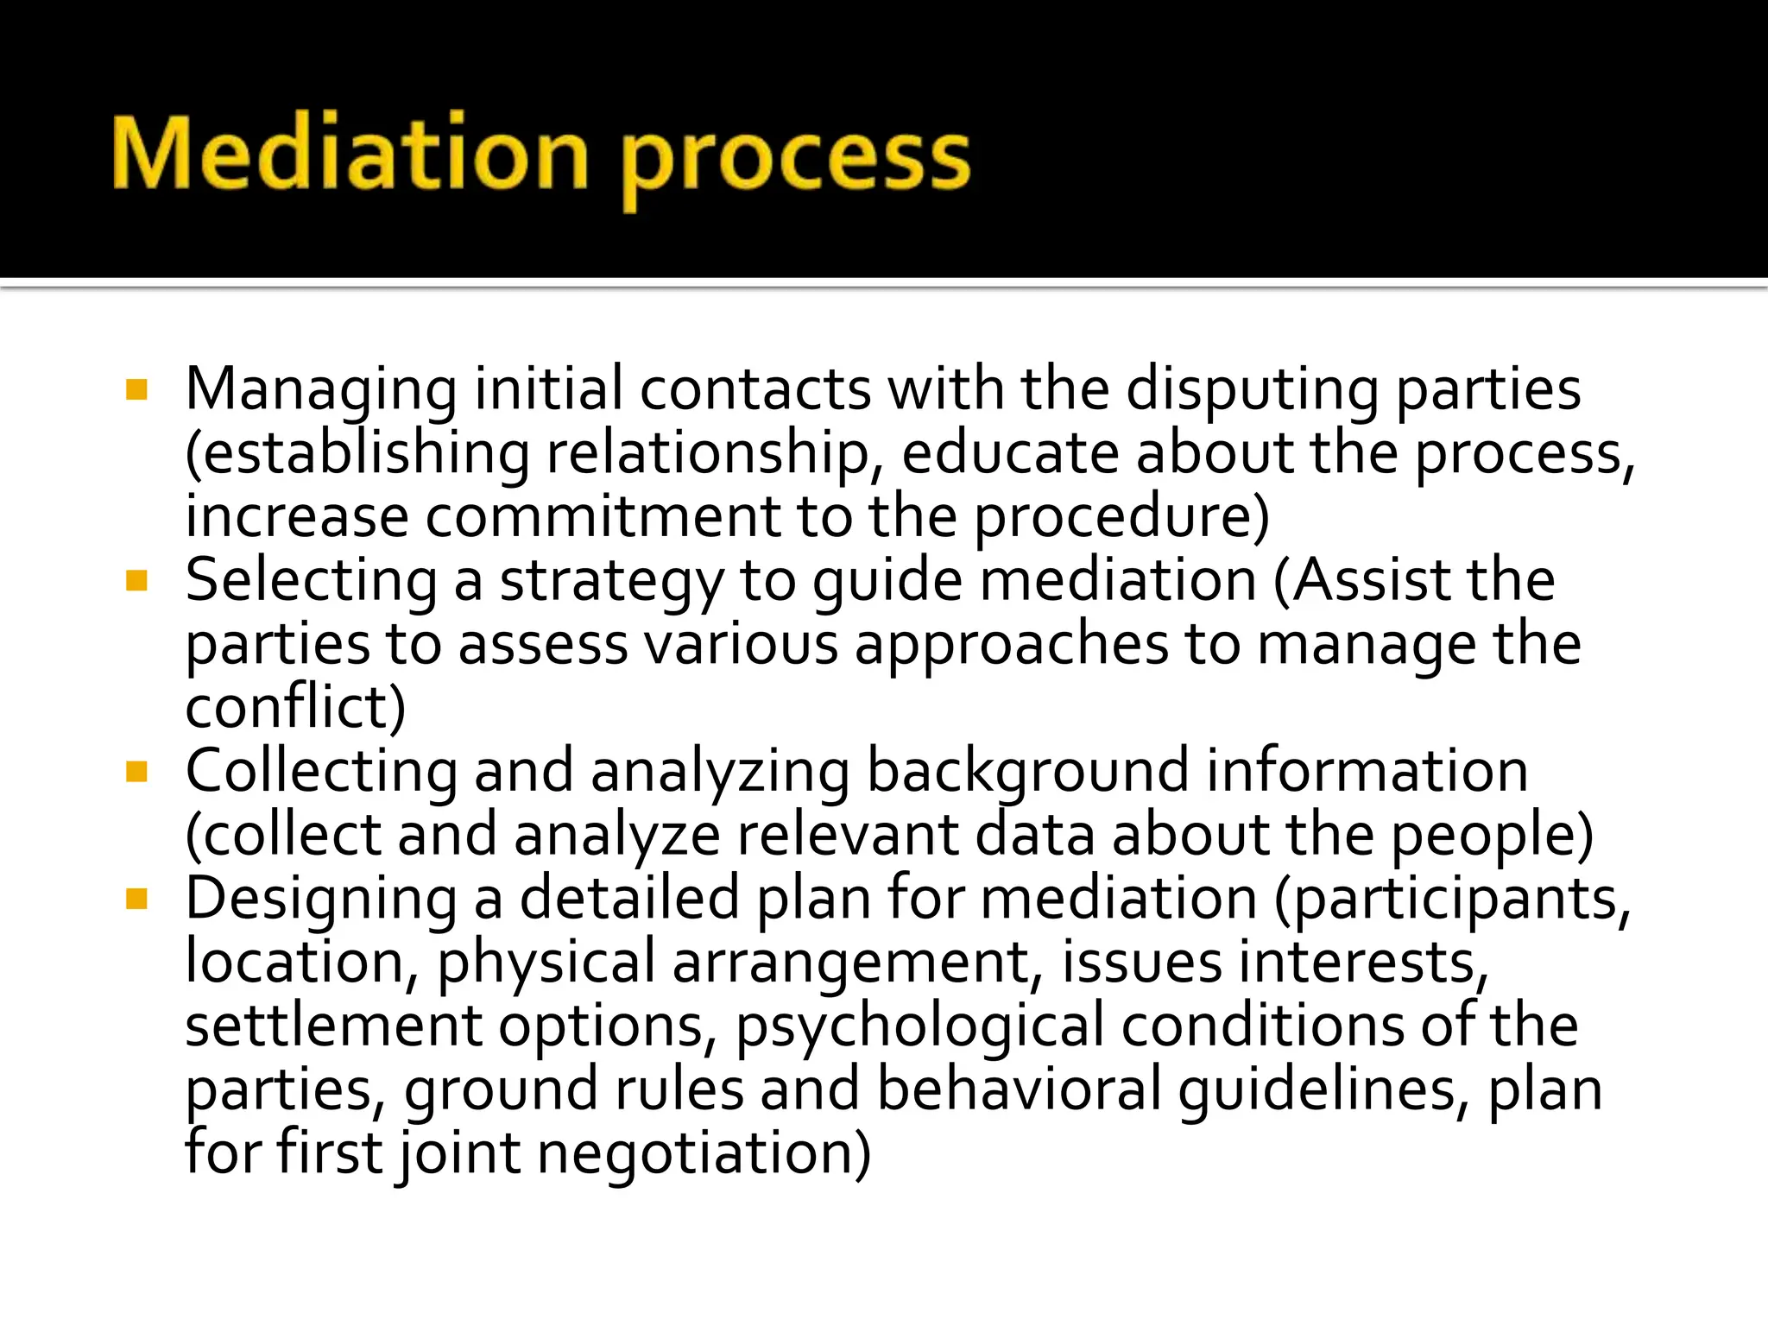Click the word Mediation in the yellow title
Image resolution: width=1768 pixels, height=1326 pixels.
(x=350, y=154)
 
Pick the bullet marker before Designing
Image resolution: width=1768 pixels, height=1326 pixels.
(x=136, y=899)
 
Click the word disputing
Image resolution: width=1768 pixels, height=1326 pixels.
(x=1252, y=391)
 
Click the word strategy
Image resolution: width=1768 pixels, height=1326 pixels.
(x=611, y=582)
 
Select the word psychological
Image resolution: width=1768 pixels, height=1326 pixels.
(x=919, y=1027)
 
